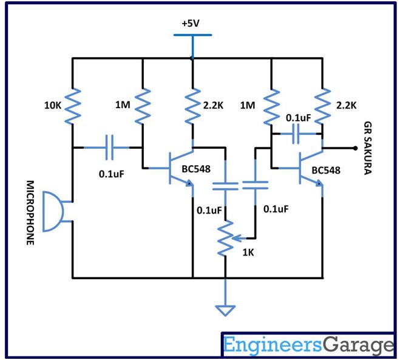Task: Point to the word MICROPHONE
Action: [x=30, y=212]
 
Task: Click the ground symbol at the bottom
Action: [x=226, y=310]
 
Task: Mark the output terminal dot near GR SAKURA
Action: [x=354, y=148]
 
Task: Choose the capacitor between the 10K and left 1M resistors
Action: [x=109, y=147]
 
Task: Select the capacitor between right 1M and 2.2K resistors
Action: [x=297, y=135]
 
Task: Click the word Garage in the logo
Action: [x=356, y=345]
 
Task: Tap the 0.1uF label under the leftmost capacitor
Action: [x=112, y=174]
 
